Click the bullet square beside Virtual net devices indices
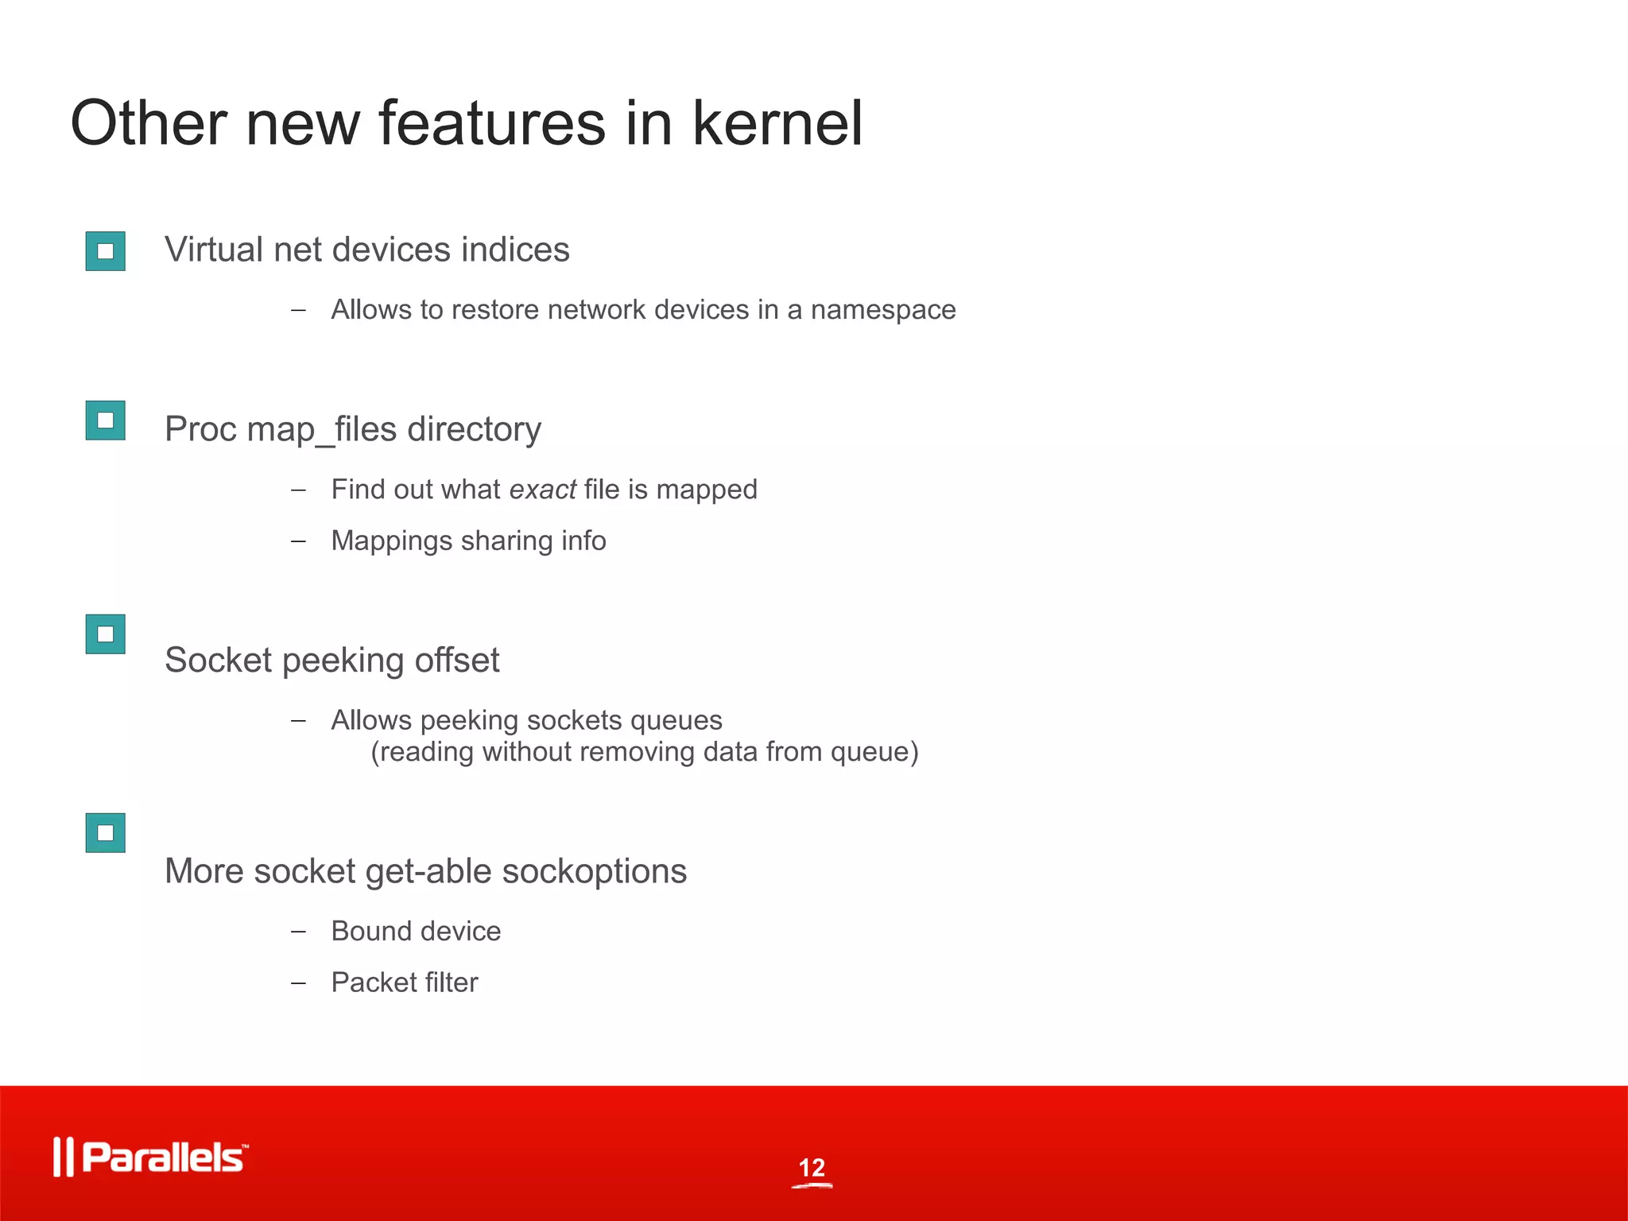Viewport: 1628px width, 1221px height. (106, 251)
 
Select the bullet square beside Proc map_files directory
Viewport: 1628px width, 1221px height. (106, 420)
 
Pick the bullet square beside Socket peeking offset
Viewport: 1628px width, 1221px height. (106, 634)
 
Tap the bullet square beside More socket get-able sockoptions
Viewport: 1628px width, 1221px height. (106, 833)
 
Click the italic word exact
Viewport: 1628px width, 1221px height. (542, 490)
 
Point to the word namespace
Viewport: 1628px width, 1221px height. (882, 310)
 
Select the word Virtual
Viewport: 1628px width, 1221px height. (213, 250)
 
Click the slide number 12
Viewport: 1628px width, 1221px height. (812, 1168)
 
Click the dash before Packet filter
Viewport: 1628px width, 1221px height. (298, 983)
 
